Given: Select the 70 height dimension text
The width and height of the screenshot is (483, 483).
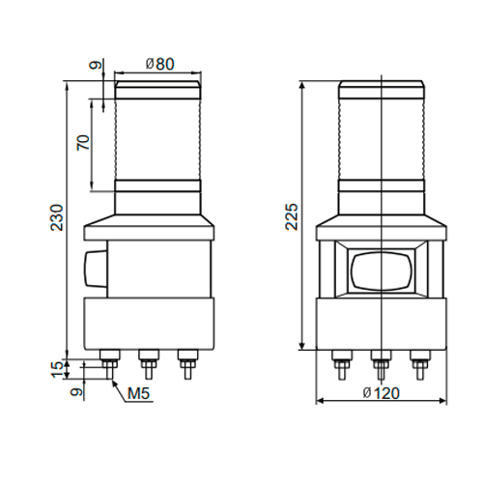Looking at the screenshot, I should (83, 145).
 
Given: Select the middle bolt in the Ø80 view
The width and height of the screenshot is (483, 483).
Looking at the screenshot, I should (147, 366).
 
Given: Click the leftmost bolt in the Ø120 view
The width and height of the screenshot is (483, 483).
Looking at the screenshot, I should (342, 364).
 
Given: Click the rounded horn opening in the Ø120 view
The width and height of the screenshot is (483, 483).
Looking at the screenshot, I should (382, 270).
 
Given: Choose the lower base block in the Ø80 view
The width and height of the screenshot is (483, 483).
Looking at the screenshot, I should (147, 323).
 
